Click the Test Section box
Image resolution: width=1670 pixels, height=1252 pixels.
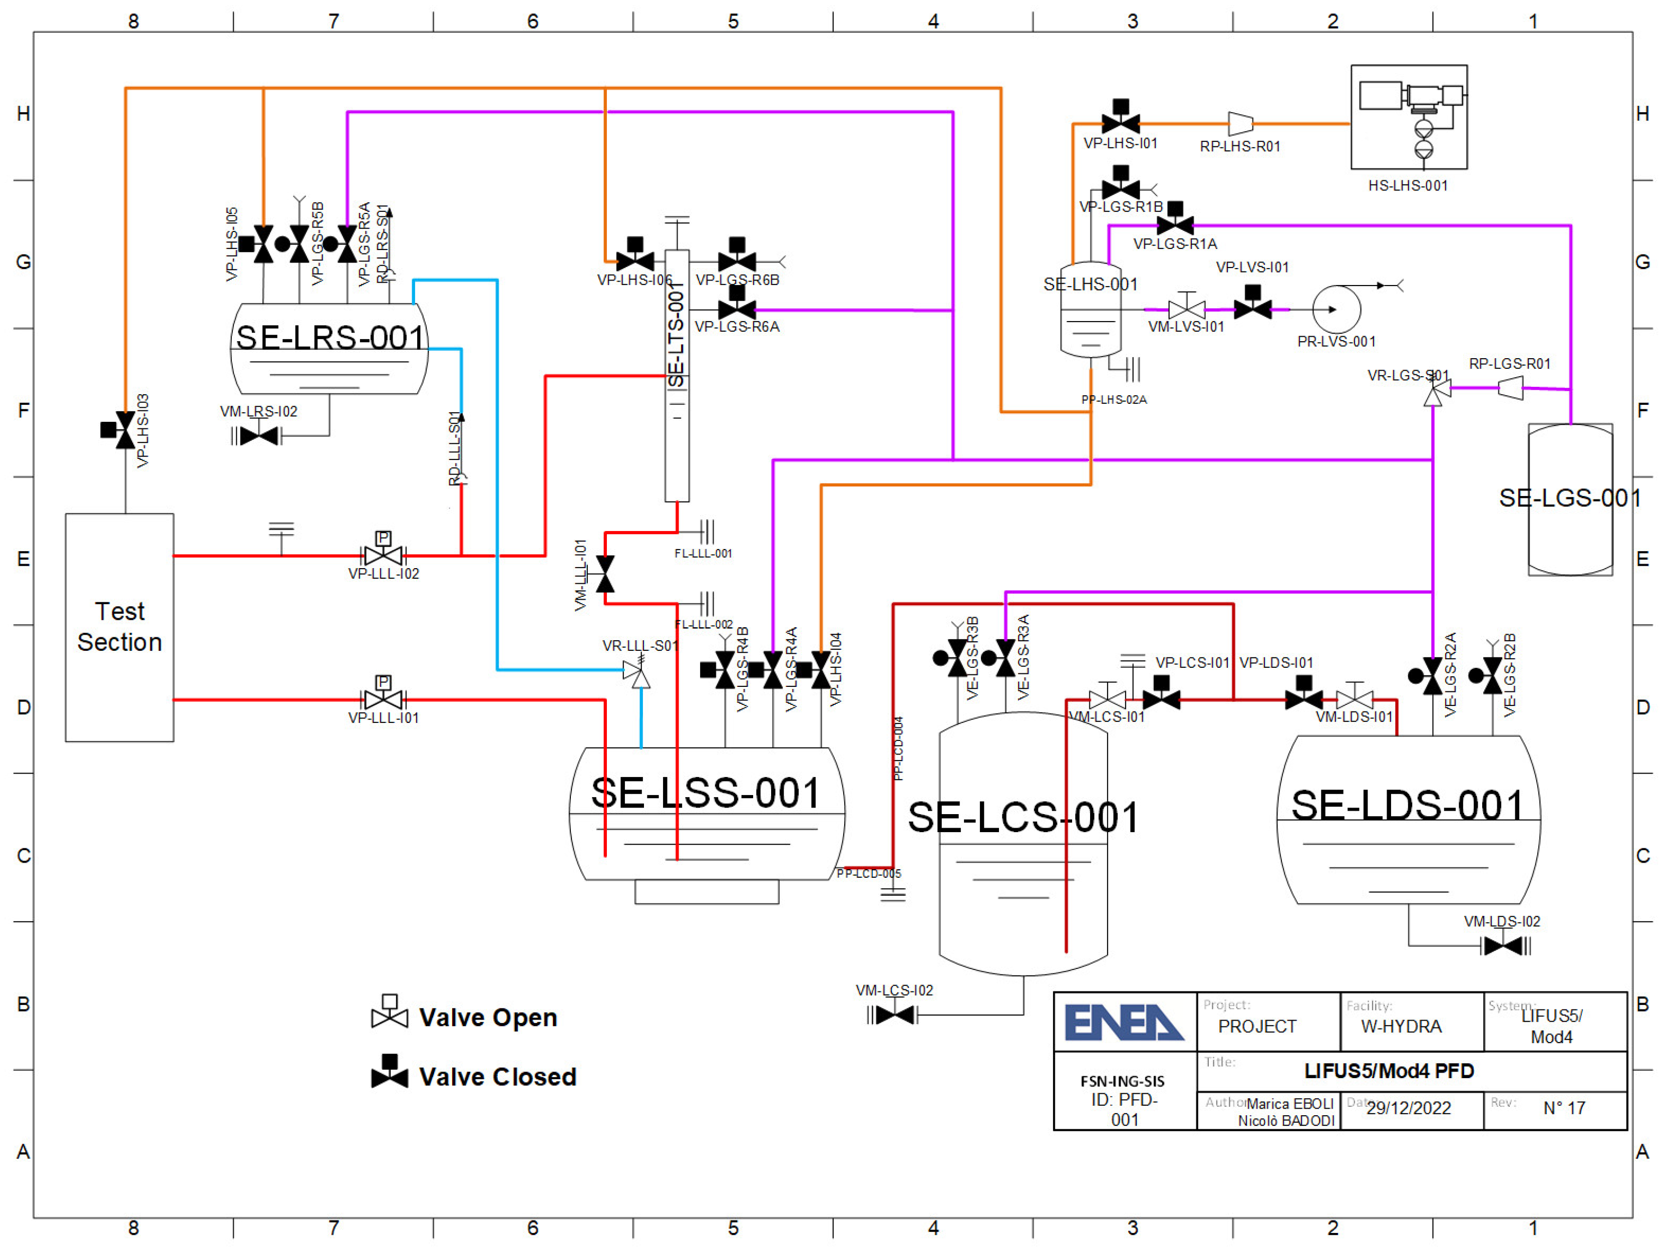(119, 627)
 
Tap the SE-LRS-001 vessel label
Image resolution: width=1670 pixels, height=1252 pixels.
(330, 338)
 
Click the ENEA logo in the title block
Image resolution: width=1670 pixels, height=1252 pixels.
(1123, 1022)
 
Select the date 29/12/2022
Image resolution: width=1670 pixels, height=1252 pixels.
(1408, 1108)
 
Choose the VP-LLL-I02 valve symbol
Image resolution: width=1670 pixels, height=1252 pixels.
(383, 556)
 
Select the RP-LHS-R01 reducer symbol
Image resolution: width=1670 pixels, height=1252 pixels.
(1240, 123)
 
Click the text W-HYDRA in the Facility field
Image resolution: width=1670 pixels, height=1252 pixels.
(1401, 1026)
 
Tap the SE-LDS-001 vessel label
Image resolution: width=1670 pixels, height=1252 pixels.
(1407, 806)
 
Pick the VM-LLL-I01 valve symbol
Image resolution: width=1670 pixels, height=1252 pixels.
(605, 574)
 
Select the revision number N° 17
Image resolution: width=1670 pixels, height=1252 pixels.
(1563, 1108)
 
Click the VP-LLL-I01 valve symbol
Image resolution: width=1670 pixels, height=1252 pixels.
(383, 700)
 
